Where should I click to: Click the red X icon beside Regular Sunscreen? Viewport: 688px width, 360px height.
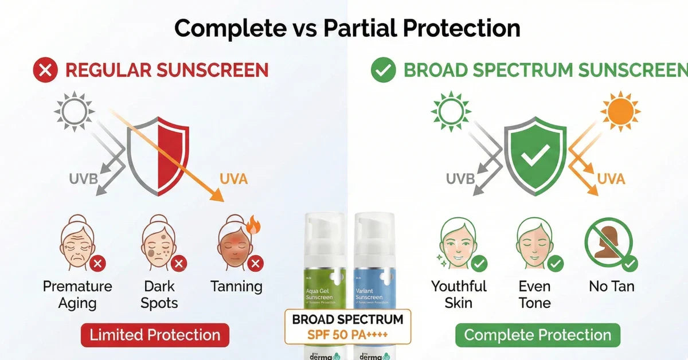(x=46, y=71)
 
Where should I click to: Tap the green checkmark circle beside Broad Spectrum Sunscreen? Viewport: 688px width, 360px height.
(x=383, y=71)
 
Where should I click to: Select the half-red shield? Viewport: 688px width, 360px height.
(x=158, y=155)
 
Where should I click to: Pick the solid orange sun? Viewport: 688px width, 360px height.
(x=620, y=111)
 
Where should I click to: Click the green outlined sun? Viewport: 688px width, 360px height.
(x=451, y=111)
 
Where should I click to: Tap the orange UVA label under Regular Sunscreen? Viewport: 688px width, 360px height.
(x=234, y=179)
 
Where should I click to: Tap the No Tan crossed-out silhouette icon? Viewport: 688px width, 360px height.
(x=608, y=244)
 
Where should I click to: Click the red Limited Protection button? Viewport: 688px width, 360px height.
(x=155, y=335)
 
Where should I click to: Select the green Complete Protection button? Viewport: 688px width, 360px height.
(x=537, y=335)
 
